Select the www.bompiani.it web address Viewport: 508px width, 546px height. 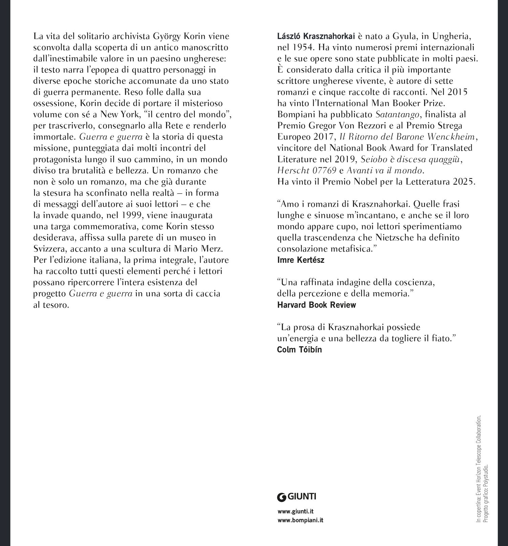tap(300, 520)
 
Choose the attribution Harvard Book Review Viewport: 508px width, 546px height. tap(317, 305)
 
